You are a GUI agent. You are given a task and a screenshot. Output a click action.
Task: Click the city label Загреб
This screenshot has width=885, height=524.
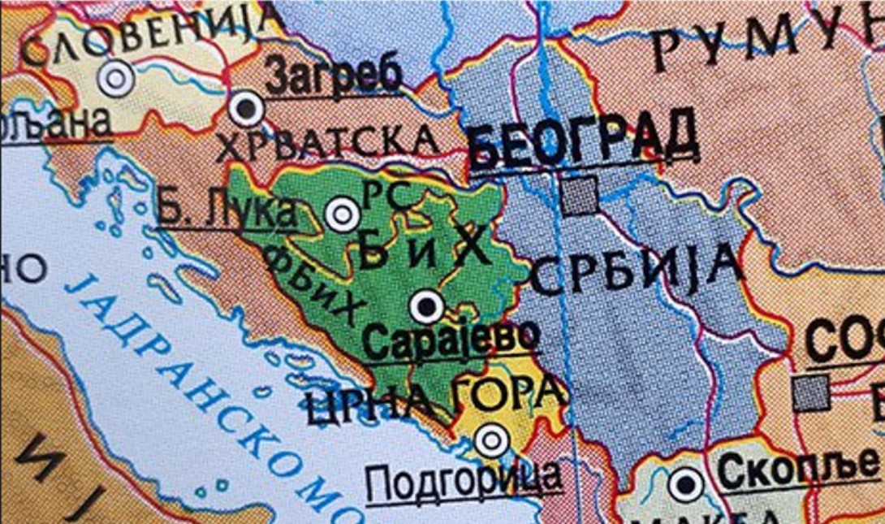click(334, 79)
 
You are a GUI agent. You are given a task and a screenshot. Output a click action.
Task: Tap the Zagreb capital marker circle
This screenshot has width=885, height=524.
click(246, 107)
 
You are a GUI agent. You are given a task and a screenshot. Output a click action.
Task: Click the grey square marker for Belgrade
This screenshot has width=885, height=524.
click(579, 197)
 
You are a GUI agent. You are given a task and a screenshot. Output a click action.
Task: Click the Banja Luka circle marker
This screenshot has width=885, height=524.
click(341, 214)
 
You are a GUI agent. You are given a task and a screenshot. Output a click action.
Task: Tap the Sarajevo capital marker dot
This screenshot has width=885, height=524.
click(426, 308)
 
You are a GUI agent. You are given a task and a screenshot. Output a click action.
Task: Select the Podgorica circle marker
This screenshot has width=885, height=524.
click(491, 440)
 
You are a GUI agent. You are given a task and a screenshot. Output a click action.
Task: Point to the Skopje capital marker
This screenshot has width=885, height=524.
click(686, 485)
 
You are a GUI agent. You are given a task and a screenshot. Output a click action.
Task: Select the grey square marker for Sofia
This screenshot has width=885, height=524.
click(812, 392)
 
